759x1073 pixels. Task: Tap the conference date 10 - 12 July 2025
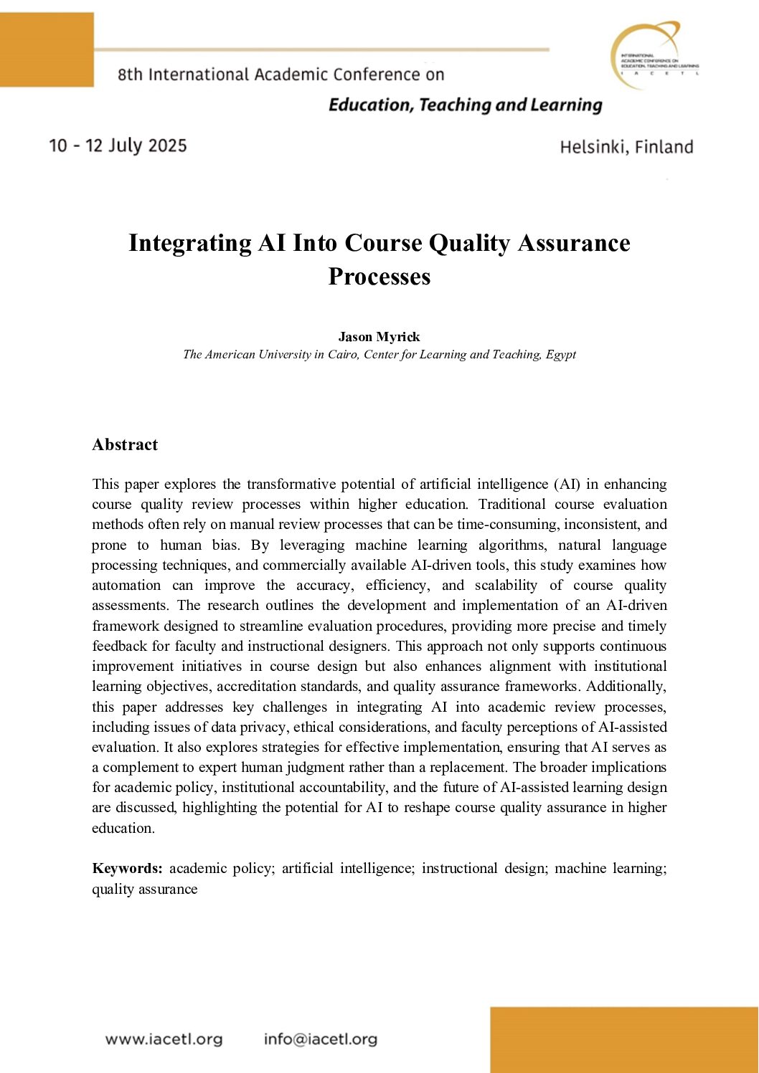point(118,146)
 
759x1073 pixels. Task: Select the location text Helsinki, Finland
point(626,147)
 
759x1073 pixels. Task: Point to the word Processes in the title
point(379,277)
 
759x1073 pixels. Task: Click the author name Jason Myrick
point(379,337)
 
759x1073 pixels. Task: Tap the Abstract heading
point(125,444)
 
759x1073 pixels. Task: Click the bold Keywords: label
point(128,869)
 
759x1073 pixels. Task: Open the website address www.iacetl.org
point(164,1039)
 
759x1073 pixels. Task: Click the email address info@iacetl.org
point(320,1039)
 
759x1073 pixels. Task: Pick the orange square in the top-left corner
point(47,49)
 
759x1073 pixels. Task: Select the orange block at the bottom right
point(624,1039)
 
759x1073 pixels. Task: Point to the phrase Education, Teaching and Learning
point(465,105)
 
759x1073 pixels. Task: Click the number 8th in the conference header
point(130,75)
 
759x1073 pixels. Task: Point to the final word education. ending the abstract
point(123,829)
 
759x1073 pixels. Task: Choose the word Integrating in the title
point(190,243)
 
